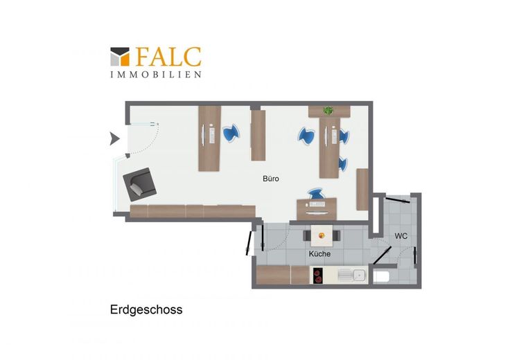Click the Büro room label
click(x=271, y=179)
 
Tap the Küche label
click(x=319, y=254)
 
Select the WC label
click(x=401, y=236)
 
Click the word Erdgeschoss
click(x=146, y=309)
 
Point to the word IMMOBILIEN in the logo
click(x=156, y=74)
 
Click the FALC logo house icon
click(x=120, y=57)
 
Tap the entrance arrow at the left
click(x=114, y=138)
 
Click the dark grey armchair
click(x=139, y=184)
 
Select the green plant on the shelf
click(x=328, y=111)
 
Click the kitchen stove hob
click(x=318, y=276)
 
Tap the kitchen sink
click(x=353, y=276)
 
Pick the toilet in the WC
click(x=381, y=277)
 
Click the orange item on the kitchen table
click(x=322, y=235)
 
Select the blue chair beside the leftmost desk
click(x=231, y=133)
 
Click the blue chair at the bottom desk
click(x=315, y=194)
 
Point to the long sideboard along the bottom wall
click(x=193, y=211)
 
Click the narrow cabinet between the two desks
click(x=258, y=136)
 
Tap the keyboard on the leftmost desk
click(x=212, y=134)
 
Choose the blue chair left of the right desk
click(x=306, y=136)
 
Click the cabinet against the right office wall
click(x=362, y=190)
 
